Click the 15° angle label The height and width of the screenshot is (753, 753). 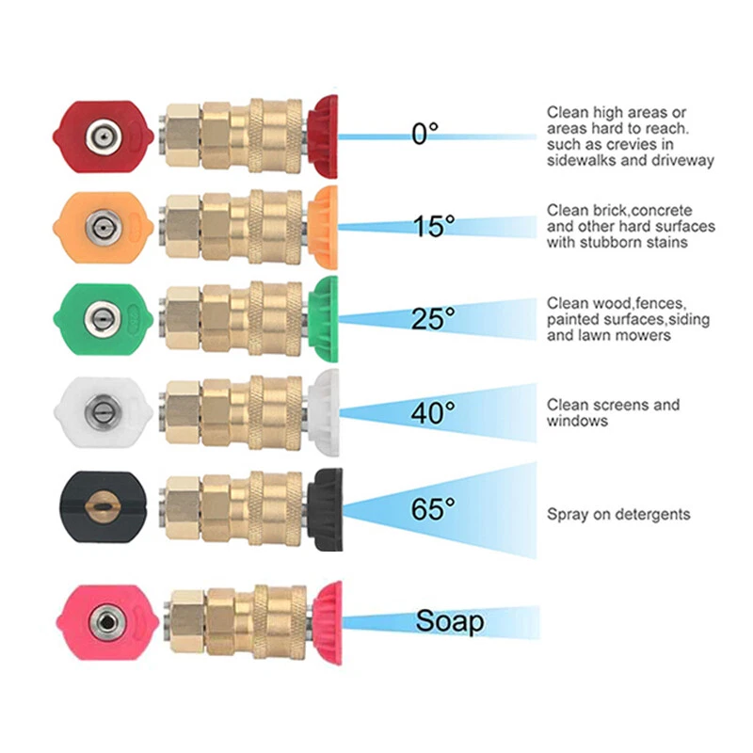(433, 226)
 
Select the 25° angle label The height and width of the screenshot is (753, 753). (432, 319)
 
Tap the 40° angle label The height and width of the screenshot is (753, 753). (433, 411)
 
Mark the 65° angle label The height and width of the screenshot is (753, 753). (433, 509)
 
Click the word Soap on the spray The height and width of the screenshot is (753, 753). (450, 621)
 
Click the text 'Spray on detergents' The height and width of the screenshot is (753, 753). (618, 514)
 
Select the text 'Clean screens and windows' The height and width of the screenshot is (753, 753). (613, 412)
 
